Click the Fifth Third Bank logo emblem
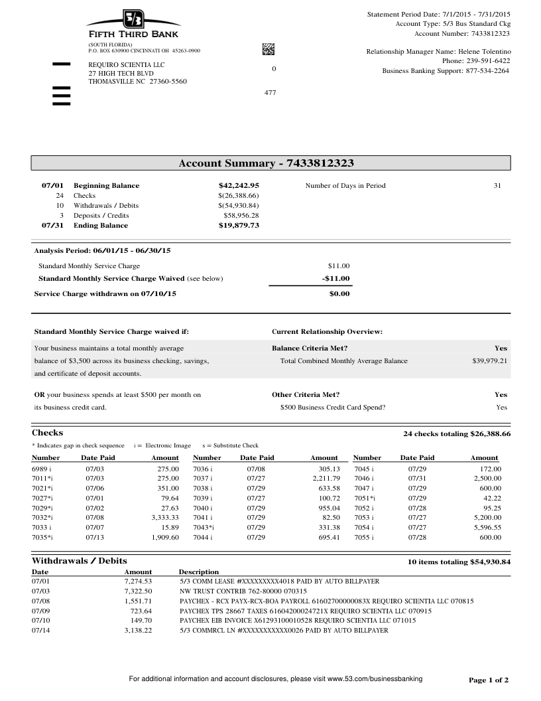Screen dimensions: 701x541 coord(133,19)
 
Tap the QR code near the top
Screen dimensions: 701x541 coord(269,48)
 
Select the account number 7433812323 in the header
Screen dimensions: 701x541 coord(490,33)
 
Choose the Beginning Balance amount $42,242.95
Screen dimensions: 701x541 coord(239,186)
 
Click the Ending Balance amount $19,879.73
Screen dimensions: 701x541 coord(239,226)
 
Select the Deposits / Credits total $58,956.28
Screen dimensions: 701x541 coord(241,216)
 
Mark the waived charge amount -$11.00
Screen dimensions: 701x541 coord(335,279)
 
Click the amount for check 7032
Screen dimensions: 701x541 coord(165,516)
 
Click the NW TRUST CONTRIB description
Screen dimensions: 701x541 coord(243,591)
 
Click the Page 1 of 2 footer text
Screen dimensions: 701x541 coord(489,680)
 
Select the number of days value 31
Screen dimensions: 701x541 coord(497,186)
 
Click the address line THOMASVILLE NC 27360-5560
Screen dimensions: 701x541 coord(138,82)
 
